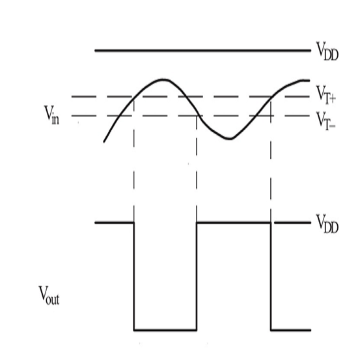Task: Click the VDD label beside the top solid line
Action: coord(327,51)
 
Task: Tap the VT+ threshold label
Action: coord(326,95)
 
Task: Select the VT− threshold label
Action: coord(326,121)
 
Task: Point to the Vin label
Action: coord(51,115)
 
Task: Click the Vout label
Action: coord(49,296)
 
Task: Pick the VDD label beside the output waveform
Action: coord(327,224)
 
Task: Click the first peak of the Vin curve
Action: coord(163,79)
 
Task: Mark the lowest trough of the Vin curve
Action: coord(230,139)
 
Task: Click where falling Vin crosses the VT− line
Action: coord(199,116)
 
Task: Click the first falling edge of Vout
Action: coord(134,277)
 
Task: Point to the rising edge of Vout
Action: coord(197,277)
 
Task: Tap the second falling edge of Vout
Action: coord(271,277)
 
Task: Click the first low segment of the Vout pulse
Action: coord(165,330)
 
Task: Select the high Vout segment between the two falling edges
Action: coord(234,223)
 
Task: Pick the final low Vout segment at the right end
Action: coord(291,330)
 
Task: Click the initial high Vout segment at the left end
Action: coord(115,223)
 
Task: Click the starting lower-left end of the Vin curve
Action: coord(104,142)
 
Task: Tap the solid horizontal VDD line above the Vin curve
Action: coord(203,50)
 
